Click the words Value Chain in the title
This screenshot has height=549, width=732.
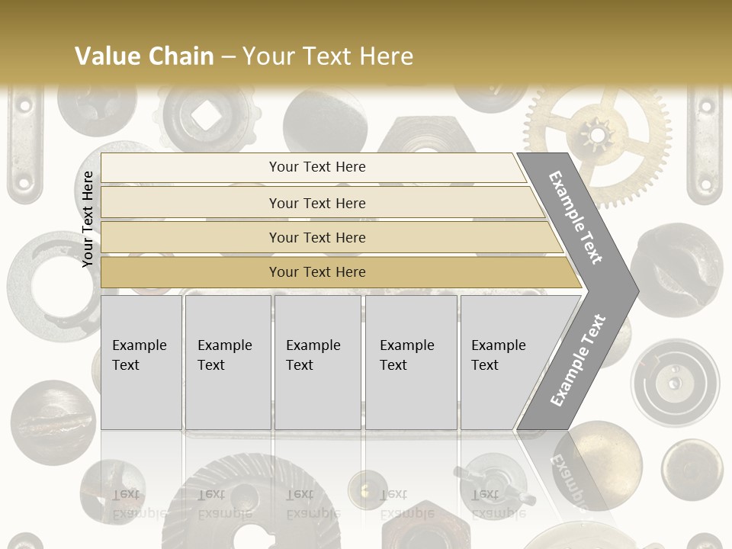click(144, 56)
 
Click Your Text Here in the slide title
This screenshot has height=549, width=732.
click(328, 56)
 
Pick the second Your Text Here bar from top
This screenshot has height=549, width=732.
click(317, 203)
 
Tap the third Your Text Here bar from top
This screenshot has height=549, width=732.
click(317, 237)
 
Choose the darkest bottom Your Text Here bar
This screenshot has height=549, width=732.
click(317, 272)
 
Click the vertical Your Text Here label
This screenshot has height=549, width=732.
click(88, 219)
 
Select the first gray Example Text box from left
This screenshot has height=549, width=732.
click(141, 362)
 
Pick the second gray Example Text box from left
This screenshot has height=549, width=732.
click(227, 362)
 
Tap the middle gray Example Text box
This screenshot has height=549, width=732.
click(317, 362)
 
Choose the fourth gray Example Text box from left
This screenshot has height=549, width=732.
click(411, 362)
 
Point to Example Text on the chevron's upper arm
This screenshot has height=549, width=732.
click(576, 217)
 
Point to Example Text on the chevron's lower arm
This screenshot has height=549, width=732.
click(578, 360)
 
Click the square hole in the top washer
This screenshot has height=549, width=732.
click(204, 115)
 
